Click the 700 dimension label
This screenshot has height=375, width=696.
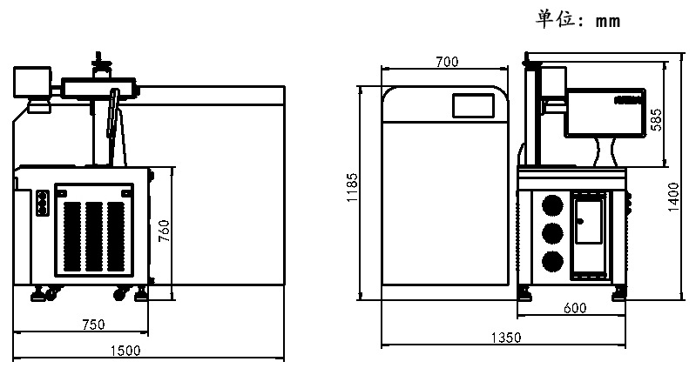pos(447,62)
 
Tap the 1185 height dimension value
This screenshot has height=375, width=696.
pos(352,188)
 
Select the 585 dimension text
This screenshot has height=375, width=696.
pos(656,120)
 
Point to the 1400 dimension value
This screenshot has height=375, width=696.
pos(673,197)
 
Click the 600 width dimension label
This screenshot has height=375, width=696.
pos(575,308)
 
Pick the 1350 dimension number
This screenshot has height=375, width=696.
pos(506,338)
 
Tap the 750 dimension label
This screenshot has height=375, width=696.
pos(94,325)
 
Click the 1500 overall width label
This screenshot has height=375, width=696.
pos(125,351)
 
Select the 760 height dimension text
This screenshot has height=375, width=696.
pos(164,231)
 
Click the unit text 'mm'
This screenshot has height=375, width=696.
pos(608,22)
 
